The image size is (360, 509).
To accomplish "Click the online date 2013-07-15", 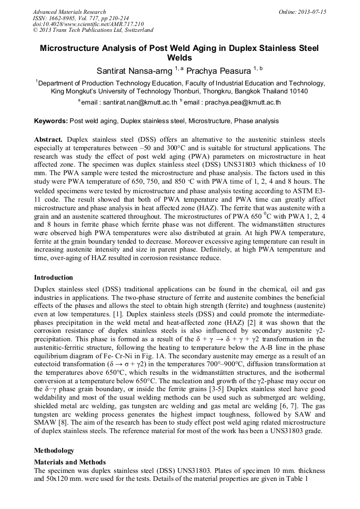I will (311, 12).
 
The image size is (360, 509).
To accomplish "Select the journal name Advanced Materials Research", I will (69, 12).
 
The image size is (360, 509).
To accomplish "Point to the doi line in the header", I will (88, 24).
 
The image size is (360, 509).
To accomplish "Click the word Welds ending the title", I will (179, 58).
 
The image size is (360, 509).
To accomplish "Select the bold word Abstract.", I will (48, 139).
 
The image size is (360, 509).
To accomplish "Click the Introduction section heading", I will (54, 278).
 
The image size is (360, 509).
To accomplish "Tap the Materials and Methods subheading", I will (70, 462).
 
